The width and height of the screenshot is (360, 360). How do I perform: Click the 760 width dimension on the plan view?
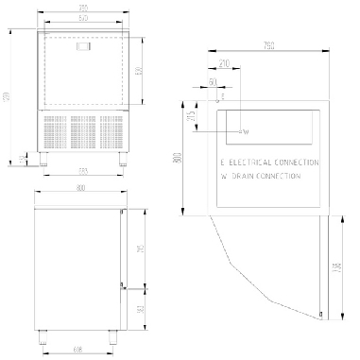269,45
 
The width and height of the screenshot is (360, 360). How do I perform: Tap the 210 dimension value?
224,63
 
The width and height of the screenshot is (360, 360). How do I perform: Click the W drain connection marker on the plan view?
243,131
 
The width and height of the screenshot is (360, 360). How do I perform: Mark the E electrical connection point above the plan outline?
222,96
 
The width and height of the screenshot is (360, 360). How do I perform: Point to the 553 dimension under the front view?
83,171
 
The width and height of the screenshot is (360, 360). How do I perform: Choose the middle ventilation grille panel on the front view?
83,131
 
